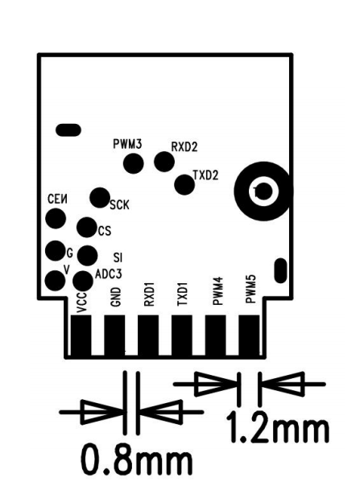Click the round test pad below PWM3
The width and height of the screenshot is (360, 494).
[x=134, y=163]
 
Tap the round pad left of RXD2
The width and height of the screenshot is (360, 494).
[x=164, y=161]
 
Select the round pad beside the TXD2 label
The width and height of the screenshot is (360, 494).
[x=184, y=184]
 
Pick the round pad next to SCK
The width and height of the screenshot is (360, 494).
[x=100, y=198]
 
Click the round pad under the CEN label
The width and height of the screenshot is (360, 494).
[x=56, y=218]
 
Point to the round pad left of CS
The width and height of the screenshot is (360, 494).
[x=87, y=227]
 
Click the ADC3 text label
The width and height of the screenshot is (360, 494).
[x=108, y=274]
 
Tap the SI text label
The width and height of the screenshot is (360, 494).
[x=118, y=258]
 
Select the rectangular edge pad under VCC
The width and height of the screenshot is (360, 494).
[x=81, y=336]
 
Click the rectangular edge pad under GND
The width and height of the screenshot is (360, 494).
[x=114, y=336]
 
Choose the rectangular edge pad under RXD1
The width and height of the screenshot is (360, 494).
[x=148, y=336]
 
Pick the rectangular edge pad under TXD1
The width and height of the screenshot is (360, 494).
[x=182, y=336]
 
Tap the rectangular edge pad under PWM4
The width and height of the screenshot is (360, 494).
[x=216, y=336]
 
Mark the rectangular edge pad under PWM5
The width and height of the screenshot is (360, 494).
[x=250, y=336]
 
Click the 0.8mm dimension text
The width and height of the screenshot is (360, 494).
[x=137, y=459]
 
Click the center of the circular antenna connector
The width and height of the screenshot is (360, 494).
[x=263, y=191]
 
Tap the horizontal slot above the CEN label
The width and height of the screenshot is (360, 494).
[x=68, y=130]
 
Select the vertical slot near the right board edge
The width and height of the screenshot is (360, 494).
[x=280, y=270]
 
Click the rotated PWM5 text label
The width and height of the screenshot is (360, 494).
[x=250, y=289]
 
